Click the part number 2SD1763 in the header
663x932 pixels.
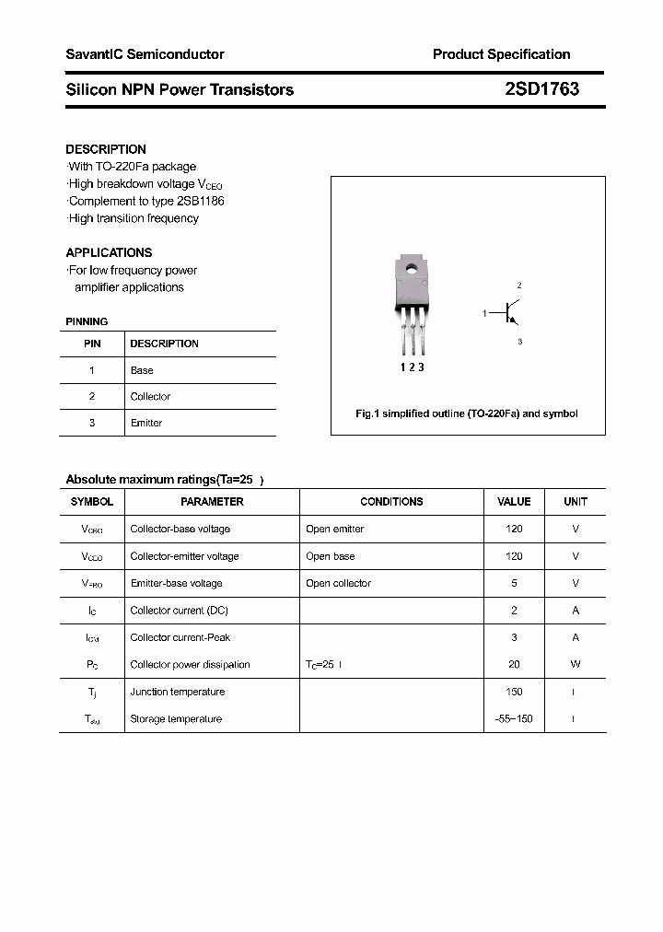[541, 89]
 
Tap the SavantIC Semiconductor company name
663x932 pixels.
[145, 54]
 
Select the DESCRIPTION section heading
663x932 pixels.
[106, 149]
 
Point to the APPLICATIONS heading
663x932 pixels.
[109, 252]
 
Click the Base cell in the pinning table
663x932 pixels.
[142, 370]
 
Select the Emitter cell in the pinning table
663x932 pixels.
[145, 423]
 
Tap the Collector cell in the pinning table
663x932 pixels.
[150, 397]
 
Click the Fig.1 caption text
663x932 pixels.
[467, 414]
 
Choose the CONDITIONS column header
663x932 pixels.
[391, 502]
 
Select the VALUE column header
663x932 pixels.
[514, 502]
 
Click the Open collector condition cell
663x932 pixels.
[338, 583]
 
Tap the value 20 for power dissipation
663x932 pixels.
[514, 664]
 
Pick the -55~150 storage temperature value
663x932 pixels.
[514, 718]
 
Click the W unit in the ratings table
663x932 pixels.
[575, 664]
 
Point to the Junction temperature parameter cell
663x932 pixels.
[178, 692]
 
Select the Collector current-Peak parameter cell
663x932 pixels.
[180, 637]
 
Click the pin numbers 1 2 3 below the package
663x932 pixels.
[412, 367]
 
